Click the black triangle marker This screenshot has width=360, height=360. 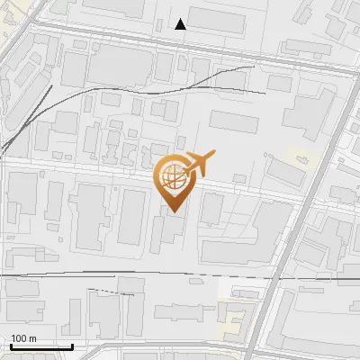pyautogui.click(x=181, y=24)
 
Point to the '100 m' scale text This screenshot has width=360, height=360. pyautogui.click(x=23, y=338)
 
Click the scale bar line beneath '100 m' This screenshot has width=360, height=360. pyautogui.click(x=41, y=346)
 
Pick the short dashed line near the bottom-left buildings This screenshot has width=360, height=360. pyautogui.click(x=106, y=290)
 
